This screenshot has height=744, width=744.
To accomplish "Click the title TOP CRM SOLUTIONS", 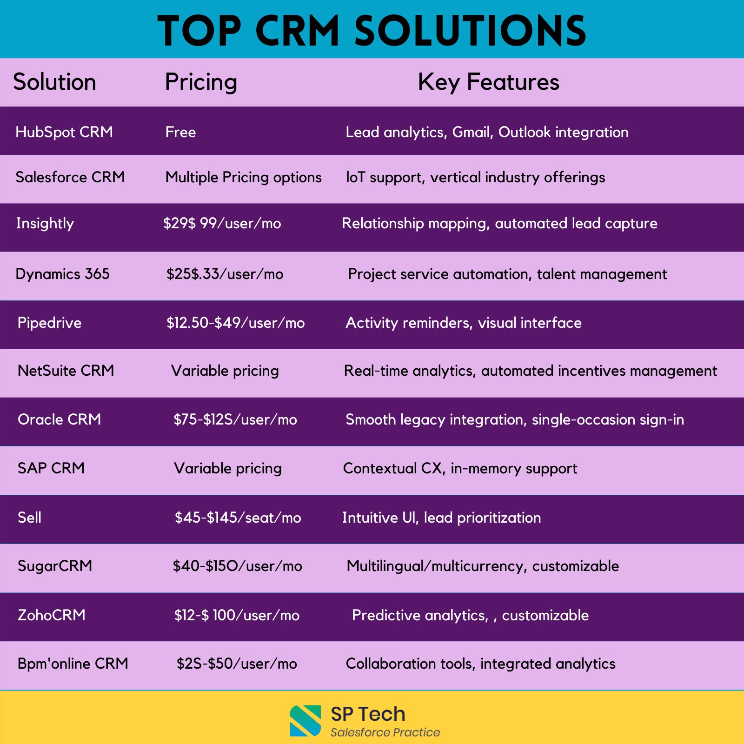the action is click(372, 31).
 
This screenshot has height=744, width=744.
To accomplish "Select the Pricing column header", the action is click(201, 82).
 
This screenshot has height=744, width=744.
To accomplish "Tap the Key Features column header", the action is click(488, 82).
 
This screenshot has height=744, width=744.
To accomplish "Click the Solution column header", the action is click(54, 82).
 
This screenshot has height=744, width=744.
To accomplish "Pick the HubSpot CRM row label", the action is click(64, 132).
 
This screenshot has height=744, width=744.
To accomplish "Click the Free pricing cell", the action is click(180, 132).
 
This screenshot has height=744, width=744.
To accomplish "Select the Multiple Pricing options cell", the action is click(244, 177).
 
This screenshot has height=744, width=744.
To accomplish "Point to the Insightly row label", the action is click(45, 224).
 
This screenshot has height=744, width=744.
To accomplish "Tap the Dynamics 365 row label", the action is click(63, 274).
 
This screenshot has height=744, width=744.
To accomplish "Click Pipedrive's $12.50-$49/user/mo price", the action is click(236, 323).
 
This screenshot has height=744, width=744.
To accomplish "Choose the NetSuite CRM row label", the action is click(66, 371).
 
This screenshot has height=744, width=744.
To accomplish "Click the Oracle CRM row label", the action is click(60, 419).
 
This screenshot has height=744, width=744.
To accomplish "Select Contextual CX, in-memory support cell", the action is click(460, 468).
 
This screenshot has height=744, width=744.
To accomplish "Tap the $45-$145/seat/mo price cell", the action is click(238, 518).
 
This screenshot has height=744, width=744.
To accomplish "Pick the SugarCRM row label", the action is click(55, 566).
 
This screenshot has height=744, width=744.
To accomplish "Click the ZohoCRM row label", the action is click(52, 615).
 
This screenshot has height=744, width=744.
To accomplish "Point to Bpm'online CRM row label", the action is click(73, 664).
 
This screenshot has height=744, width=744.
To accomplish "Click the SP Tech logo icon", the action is click(306, 721).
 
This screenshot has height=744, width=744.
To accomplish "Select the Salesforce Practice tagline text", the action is click(385, 732).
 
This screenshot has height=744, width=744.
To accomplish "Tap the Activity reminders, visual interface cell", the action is click(464, 323).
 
